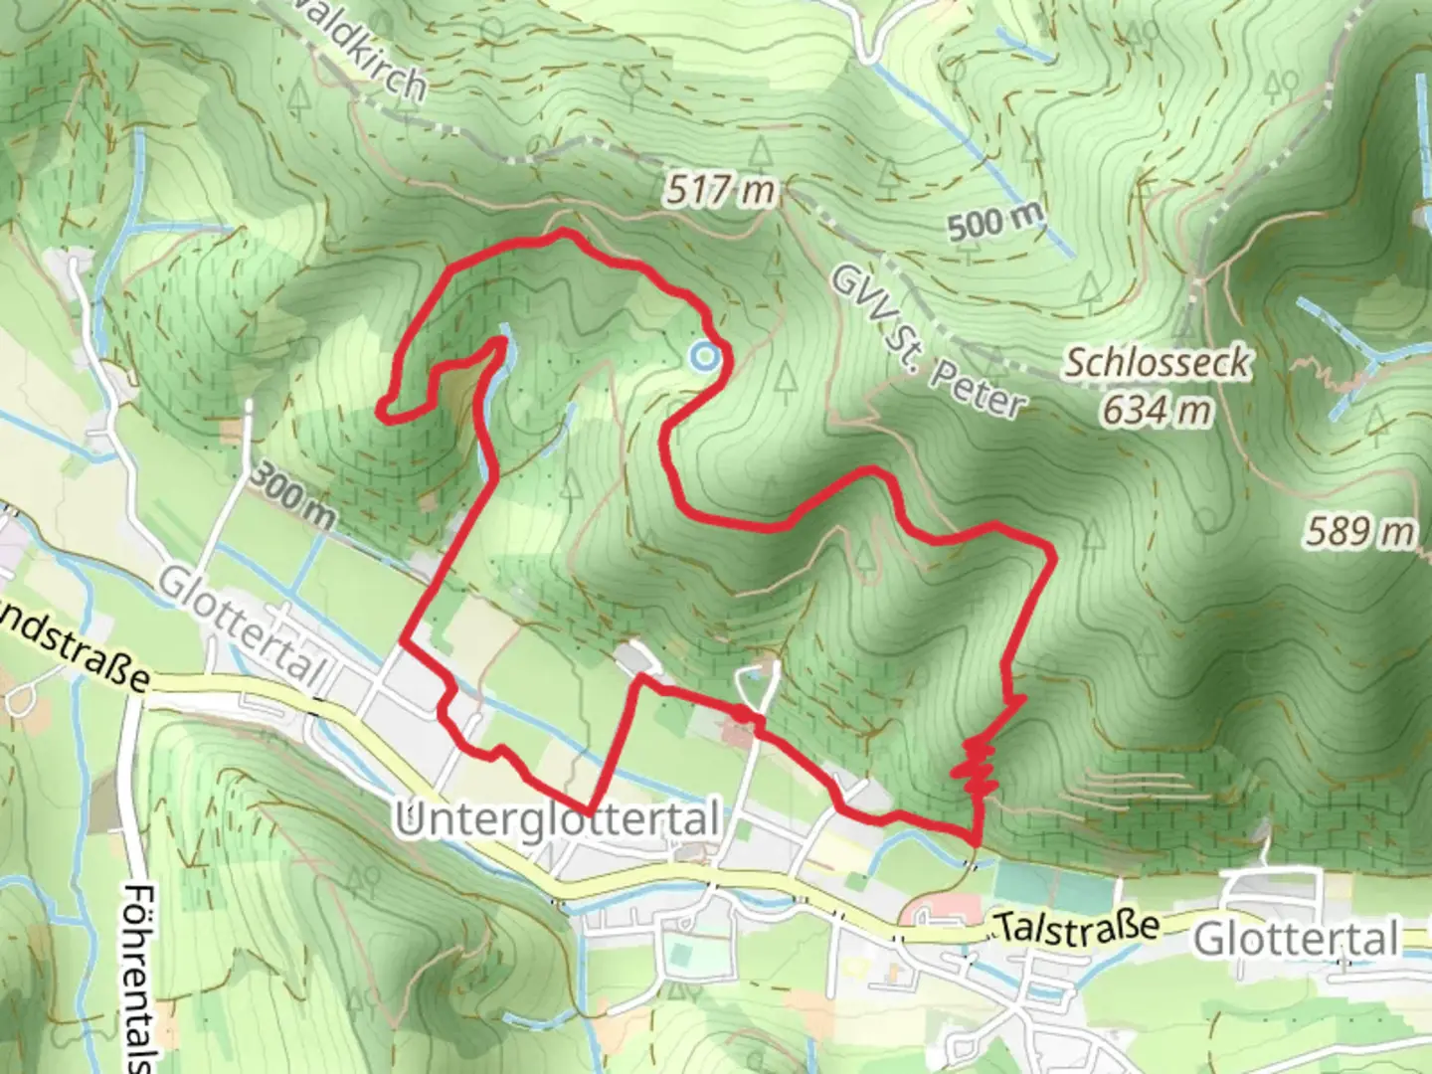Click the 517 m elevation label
click(x=720, y=190)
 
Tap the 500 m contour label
click(x=995, y=222)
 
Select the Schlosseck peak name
click(x=1157, y=363)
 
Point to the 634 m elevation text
click(x=1157, y=409)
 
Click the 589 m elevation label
click(x=1359, y=532)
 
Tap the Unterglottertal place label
click(x=557, y=821)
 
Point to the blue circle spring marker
click(x=704, y=355)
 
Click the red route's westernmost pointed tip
click(x=379, y=407)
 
